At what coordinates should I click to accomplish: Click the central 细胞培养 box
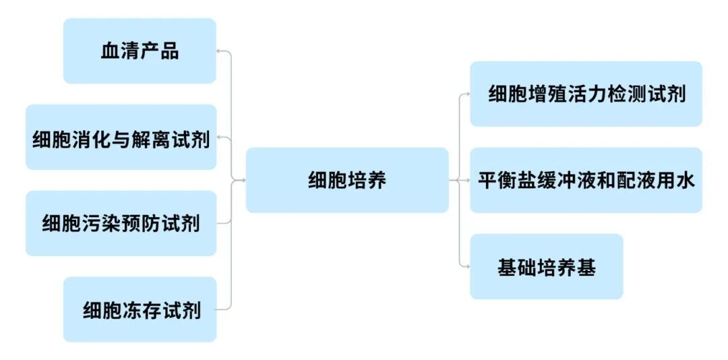(x=347, y=180)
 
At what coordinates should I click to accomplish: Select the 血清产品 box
(x=140, y=51)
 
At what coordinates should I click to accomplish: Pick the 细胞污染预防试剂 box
(x=121, y=223)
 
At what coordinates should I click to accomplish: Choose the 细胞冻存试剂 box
(x=140, y=309)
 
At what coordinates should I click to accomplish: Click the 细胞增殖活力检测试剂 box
(x=586, y=94)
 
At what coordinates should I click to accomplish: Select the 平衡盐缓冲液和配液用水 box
(x=586, y=180)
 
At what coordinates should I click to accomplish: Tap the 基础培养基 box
(x=546, y=266)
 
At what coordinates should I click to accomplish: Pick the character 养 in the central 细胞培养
(x=377, y=180)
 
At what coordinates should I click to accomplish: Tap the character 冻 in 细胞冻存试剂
(x=132, y=310)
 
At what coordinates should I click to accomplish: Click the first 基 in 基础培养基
(x=507, y=267)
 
